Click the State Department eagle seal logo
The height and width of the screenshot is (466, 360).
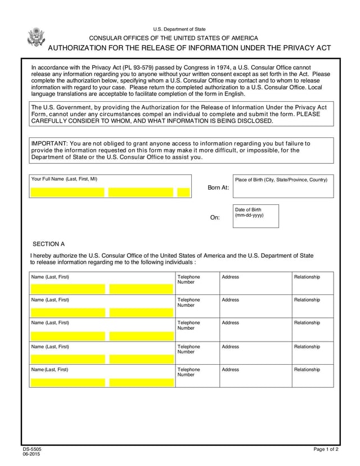36,37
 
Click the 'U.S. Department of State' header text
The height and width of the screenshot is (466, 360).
179,29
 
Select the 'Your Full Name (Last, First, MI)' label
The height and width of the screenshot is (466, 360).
64,179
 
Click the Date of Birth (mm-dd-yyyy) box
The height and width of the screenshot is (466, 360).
256,216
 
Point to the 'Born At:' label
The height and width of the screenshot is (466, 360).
218,187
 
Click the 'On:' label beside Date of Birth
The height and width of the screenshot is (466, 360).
215,218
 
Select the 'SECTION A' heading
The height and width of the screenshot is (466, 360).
49,244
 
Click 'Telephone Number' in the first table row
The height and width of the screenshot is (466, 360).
188,280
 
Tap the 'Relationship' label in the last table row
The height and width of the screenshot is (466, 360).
307,370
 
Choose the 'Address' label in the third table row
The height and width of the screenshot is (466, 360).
230,323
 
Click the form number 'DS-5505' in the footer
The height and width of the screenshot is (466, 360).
32,449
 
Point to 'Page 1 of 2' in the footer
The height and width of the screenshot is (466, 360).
326,449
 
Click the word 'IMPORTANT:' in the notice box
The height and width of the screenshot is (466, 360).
49,144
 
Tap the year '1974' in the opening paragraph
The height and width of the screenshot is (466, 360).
215,68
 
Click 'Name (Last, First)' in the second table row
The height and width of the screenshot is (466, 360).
50,300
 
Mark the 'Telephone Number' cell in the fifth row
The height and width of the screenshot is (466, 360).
188,372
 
